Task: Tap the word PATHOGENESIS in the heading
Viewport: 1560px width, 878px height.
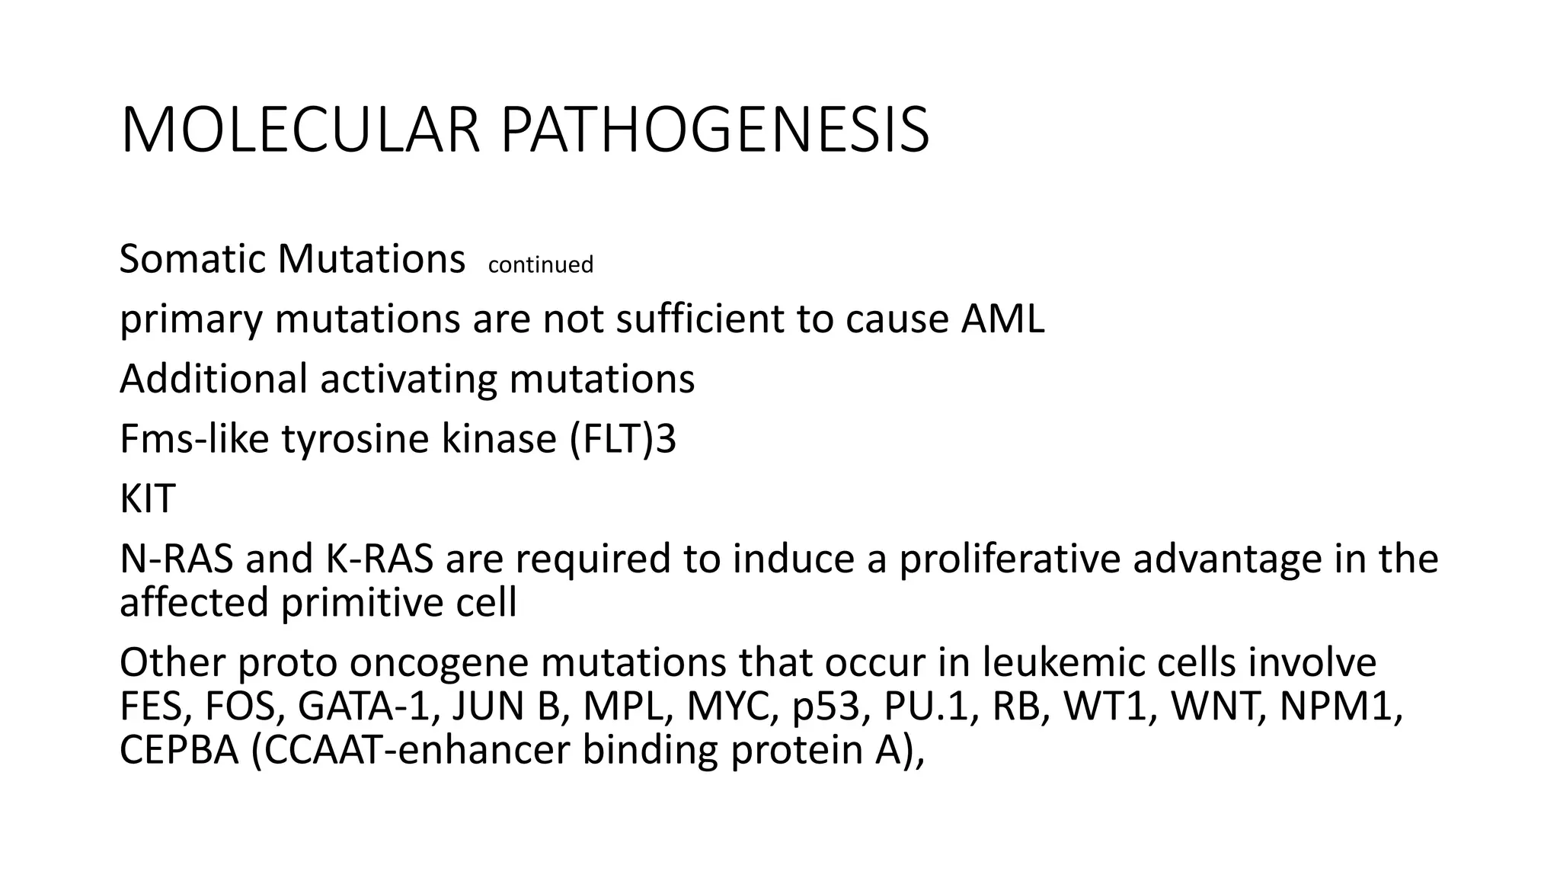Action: [714, 131]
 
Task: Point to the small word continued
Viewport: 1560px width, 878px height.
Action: [540, 264]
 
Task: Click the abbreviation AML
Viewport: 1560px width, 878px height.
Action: [1002, 319]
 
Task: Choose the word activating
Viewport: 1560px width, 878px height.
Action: [408, 379]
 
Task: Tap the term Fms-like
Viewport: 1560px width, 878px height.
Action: [194, 439]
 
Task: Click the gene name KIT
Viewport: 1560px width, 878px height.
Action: [148, 499]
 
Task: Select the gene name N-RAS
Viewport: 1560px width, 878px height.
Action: [177, 559]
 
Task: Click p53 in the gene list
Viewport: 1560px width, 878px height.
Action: [831, 707]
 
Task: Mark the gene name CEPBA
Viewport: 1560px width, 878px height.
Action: [179, 750]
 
